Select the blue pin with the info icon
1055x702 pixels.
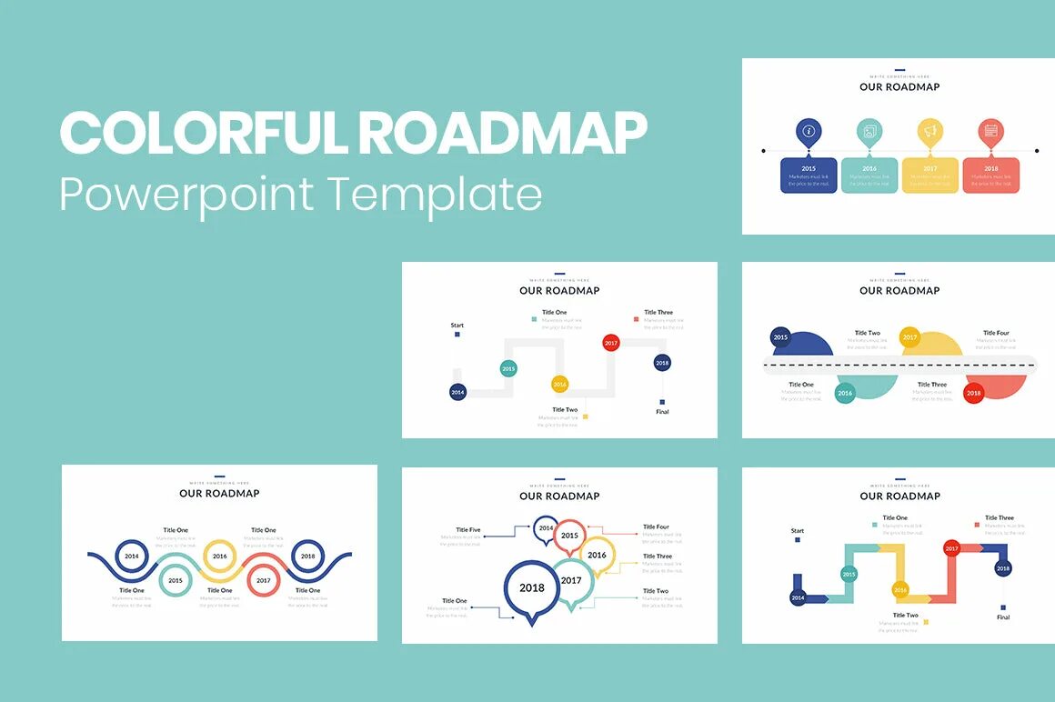(x=809, y=132)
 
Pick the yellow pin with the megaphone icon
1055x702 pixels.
(x=929, y=132)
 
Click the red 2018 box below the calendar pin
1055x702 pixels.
(x=990, y=175)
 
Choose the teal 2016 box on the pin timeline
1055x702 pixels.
(x=869, y=175)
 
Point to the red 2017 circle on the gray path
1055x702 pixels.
(x=611, y=343)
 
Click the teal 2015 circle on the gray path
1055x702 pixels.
(x=508, y=368)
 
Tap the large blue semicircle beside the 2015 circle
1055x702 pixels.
(x=804, y=345)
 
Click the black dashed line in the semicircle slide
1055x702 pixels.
(x=899, y=365)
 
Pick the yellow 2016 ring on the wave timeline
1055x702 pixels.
(x=219, y=556)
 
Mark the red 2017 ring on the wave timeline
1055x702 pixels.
(x=263, y=580)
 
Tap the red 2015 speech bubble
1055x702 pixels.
(x=569, y=536)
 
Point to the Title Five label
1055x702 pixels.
(x=468, y=529)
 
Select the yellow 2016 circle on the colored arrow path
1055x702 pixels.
(x=900, y=589)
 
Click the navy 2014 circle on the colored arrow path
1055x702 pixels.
(x=798, y=597)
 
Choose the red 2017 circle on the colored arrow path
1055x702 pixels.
(x=951, y=548)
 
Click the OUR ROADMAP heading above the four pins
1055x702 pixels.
(x=899, y=86)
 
